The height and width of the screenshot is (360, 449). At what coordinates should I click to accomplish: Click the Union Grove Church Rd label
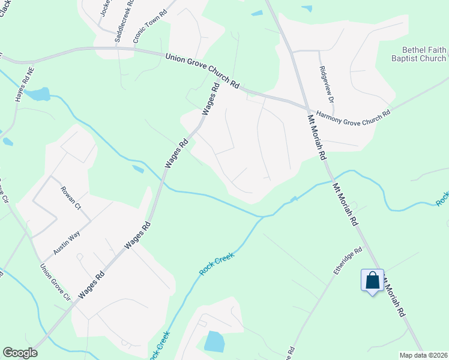[x=202, y=69]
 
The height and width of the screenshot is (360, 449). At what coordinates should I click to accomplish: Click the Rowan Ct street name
[x=71, y=198]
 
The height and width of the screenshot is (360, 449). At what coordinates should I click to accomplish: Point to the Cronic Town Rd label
[x=150, y=26]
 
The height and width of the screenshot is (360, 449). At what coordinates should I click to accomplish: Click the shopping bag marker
[x=372, y=280]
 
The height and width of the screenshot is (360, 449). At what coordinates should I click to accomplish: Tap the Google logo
[x=20, y=353]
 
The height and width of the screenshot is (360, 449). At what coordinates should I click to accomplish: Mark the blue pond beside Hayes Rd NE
[x=39, y=94]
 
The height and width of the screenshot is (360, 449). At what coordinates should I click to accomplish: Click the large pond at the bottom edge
[x=214, y=341]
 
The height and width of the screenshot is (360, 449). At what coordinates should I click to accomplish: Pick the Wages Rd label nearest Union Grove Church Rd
[x=209, y=100]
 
